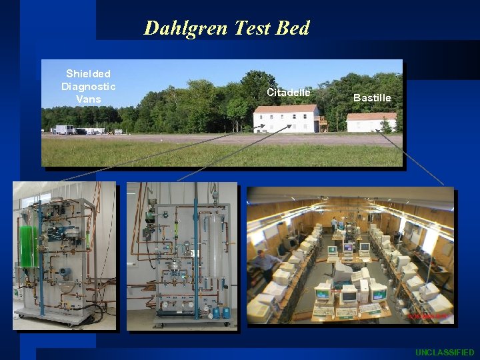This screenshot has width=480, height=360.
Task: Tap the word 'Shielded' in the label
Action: [x=88, y=73]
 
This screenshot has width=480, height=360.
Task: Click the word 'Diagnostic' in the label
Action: [x=88, y=86]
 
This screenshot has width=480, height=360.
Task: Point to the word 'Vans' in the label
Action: [x=88, y=99]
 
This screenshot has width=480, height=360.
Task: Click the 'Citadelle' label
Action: [x=288, y=92]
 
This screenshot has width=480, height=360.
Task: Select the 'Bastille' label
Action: [x=372, y=98]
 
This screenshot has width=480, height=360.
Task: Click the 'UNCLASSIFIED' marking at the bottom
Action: [x=445, y=352]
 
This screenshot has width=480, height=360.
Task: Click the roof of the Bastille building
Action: [x=372, y=117]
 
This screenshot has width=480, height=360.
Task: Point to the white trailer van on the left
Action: [x=65, y=129]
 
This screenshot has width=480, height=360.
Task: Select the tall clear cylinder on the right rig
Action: [x=215, y=247]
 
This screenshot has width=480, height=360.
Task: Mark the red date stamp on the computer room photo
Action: [x=427, y=316]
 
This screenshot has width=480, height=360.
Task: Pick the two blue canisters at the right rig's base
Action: [x=221, y=311]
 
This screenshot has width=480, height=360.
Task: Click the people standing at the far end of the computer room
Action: [x=337, y=225]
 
